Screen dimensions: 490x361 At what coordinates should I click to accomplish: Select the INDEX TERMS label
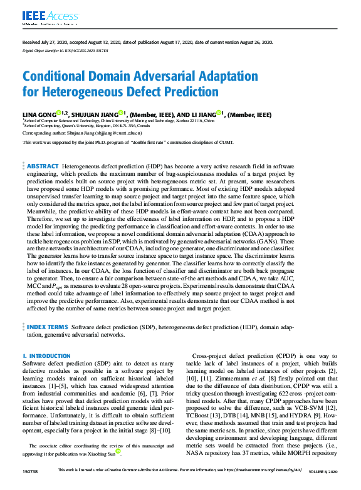[48, 327]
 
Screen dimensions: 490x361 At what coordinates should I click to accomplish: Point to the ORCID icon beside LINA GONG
[58, 113]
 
